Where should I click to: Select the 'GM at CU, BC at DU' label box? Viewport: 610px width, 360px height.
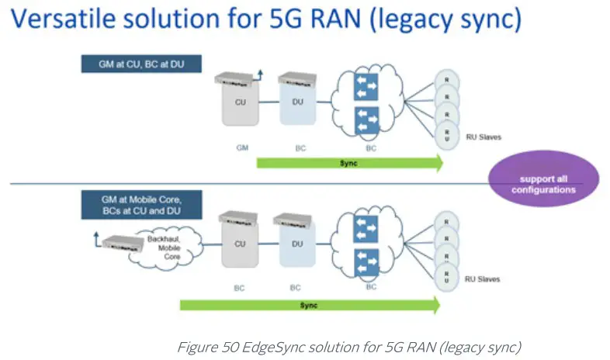[x=140, y=62]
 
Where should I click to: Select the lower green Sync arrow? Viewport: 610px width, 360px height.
[x=310, y=305]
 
